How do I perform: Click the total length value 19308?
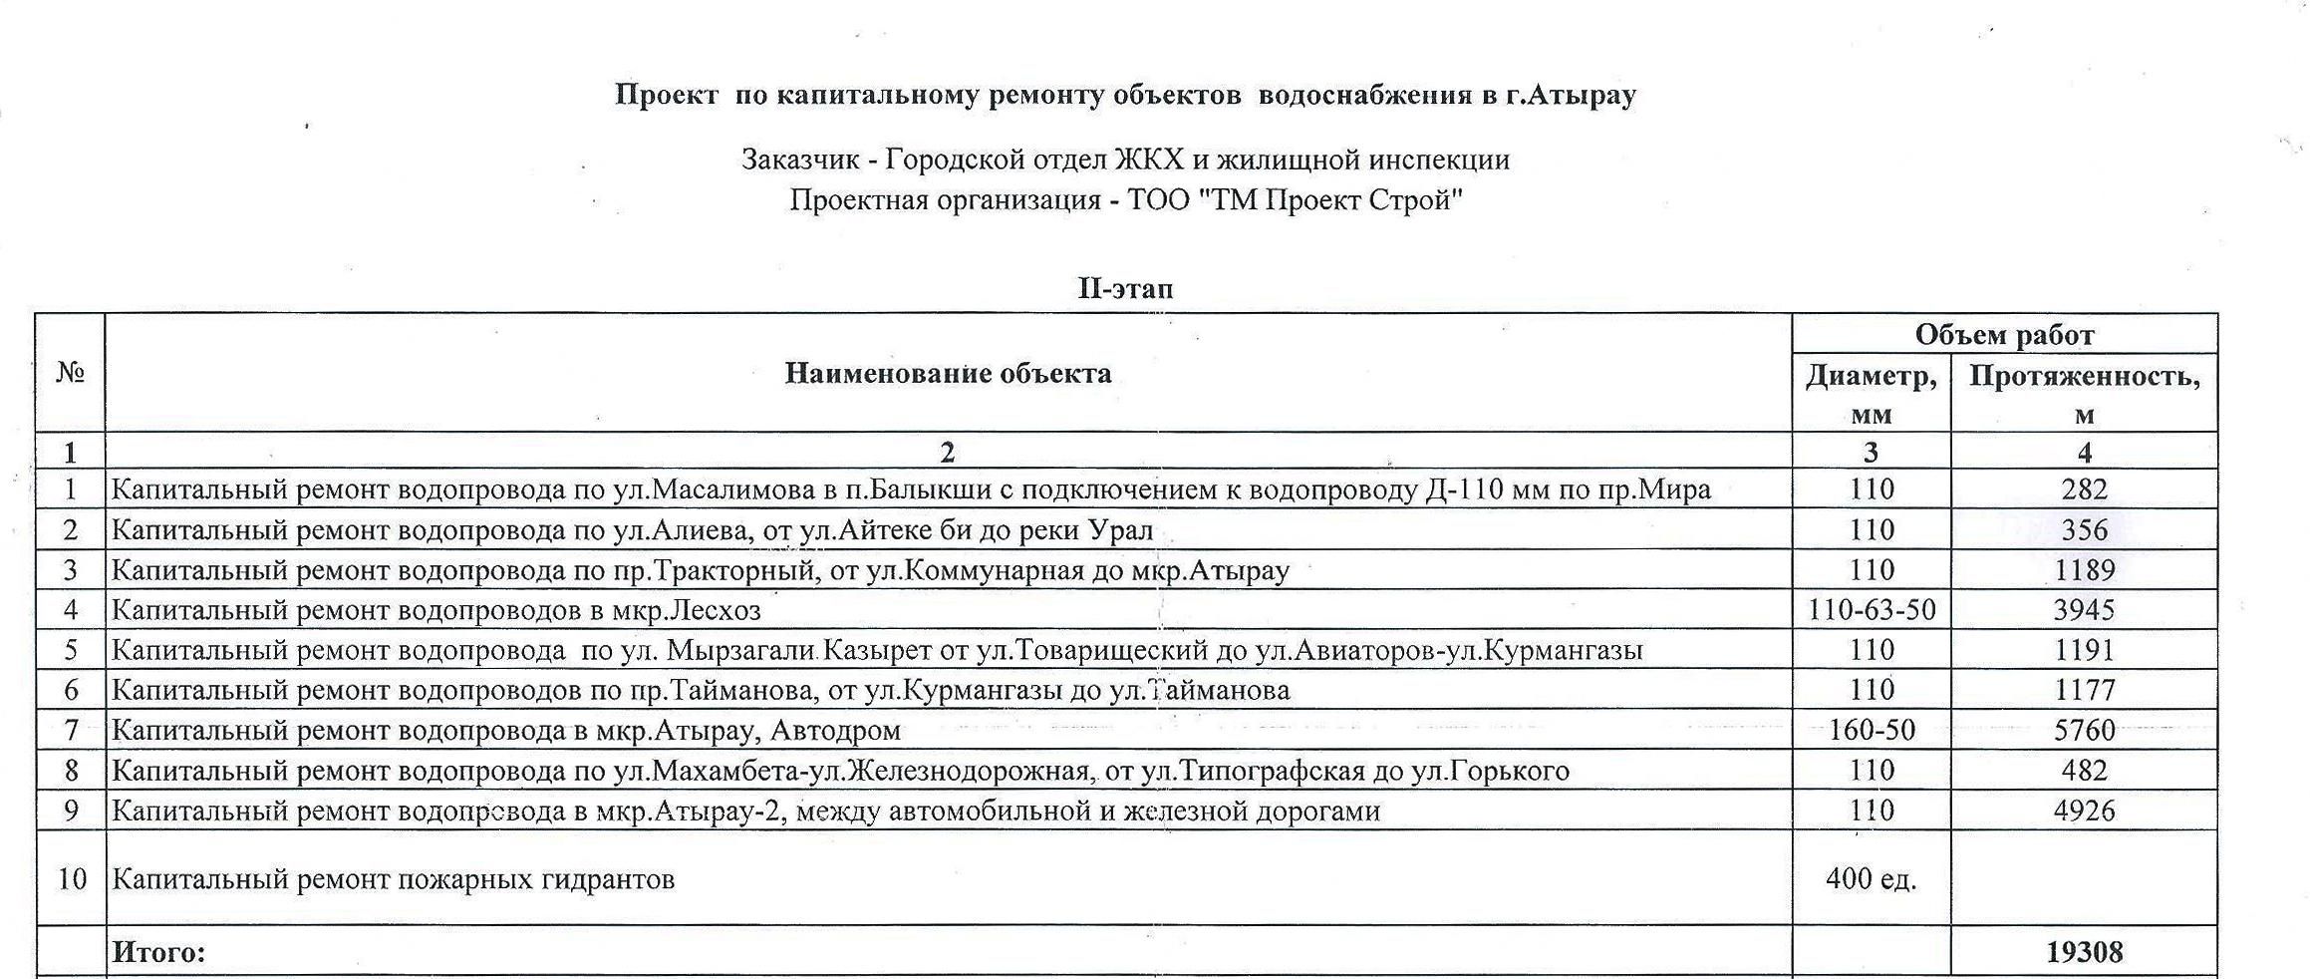tap(2084, 952)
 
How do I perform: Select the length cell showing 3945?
tap(2084, 609)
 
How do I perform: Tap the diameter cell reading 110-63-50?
tap(1871, 609)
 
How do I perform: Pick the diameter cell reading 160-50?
tap(1871, 730)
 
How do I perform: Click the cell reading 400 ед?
tap(1871, 878)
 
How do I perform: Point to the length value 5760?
tap(2084, 730)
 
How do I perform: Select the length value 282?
tap(2084, 489)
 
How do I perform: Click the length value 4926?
tap(2084, 811)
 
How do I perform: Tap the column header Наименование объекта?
tap(948, 373)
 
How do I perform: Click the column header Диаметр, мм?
tap(1871, 394)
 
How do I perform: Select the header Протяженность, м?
tap(2084, 394)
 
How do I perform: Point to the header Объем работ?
tap(2004, 335)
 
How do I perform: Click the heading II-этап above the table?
tap(1125, 289)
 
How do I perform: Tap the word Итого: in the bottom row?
tap(158, 952)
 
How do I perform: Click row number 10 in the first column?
tap(71, 878)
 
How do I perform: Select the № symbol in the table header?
tap(70, 373)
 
